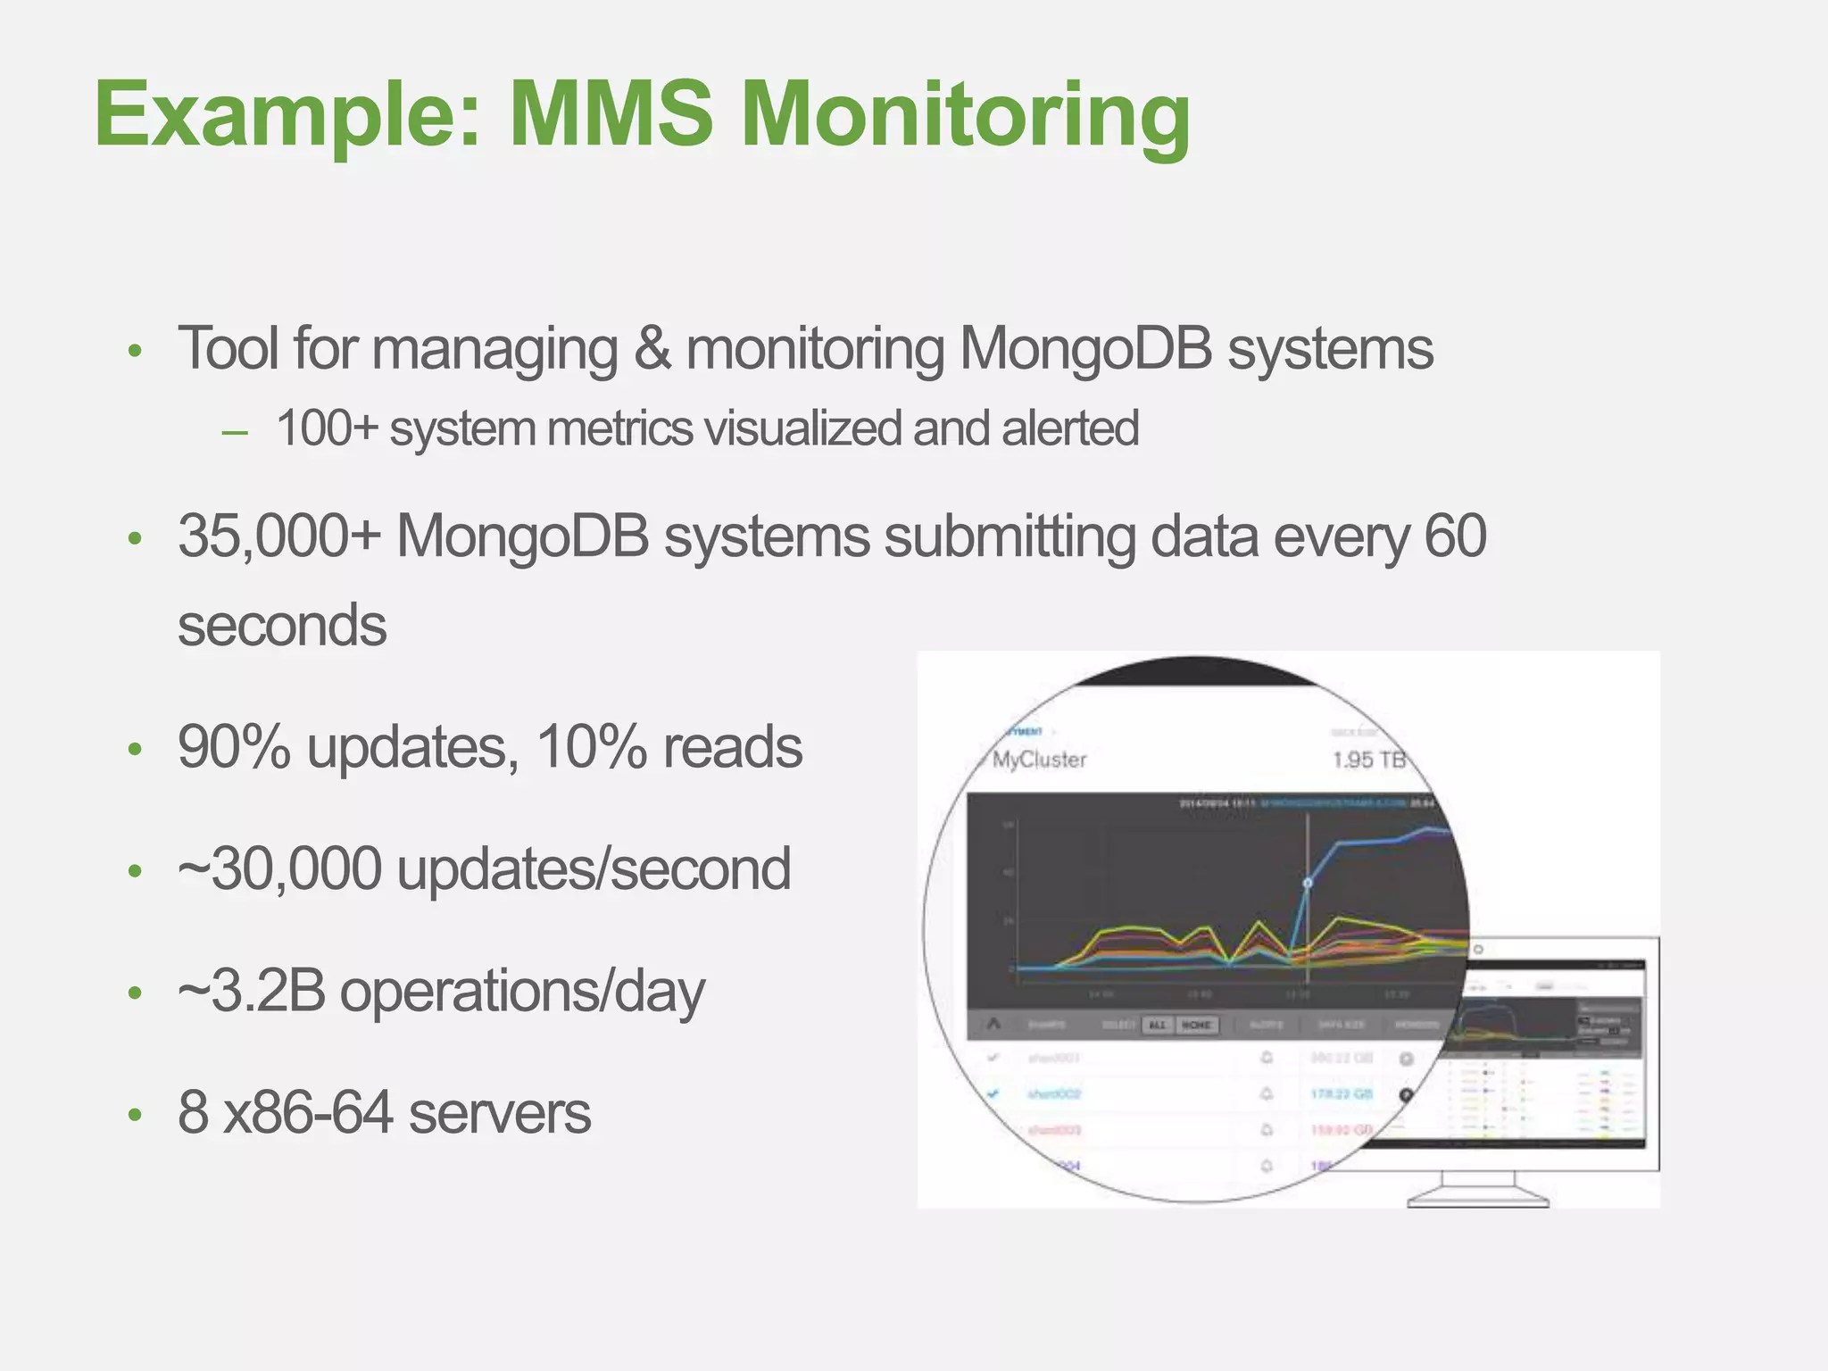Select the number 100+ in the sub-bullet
[327, 428]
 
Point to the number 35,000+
[279, 537]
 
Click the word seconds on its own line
[282, 625]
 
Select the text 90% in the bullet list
[234, 748]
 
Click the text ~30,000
[279, 869]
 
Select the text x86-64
[307, 1113]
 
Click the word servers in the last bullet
[500, 1114]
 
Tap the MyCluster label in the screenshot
[1039, 760]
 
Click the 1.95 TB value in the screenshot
[1368, 760]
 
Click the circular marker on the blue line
[1308, 883]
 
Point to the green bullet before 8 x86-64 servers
[135, 1115]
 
